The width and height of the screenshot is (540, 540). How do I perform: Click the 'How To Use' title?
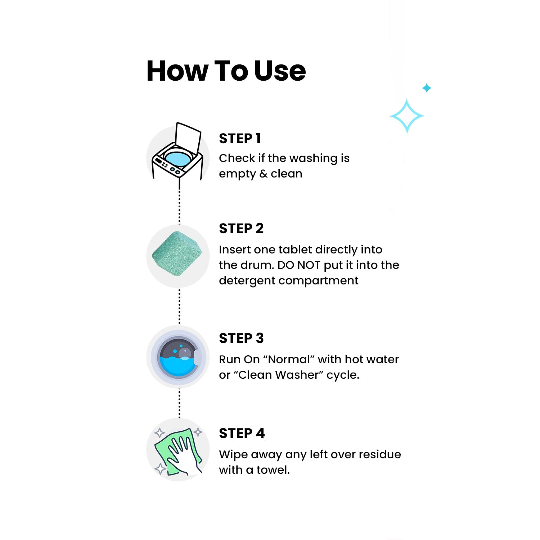coord(226,71)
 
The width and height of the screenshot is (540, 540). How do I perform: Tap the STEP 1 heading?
coord(240,138)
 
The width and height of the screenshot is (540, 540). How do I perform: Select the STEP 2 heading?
coord(241,228)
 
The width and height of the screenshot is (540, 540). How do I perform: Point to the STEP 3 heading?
coord(241,338)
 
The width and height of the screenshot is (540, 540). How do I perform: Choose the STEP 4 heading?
coord(242,433)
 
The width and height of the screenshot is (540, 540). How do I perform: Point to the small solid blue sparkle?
coord(427,88)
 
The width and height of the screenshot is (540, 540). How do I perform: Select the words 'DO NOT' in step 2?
coord(299,265)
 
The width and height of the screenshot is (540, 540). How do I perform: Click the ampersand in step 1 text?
coord(263,174)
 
